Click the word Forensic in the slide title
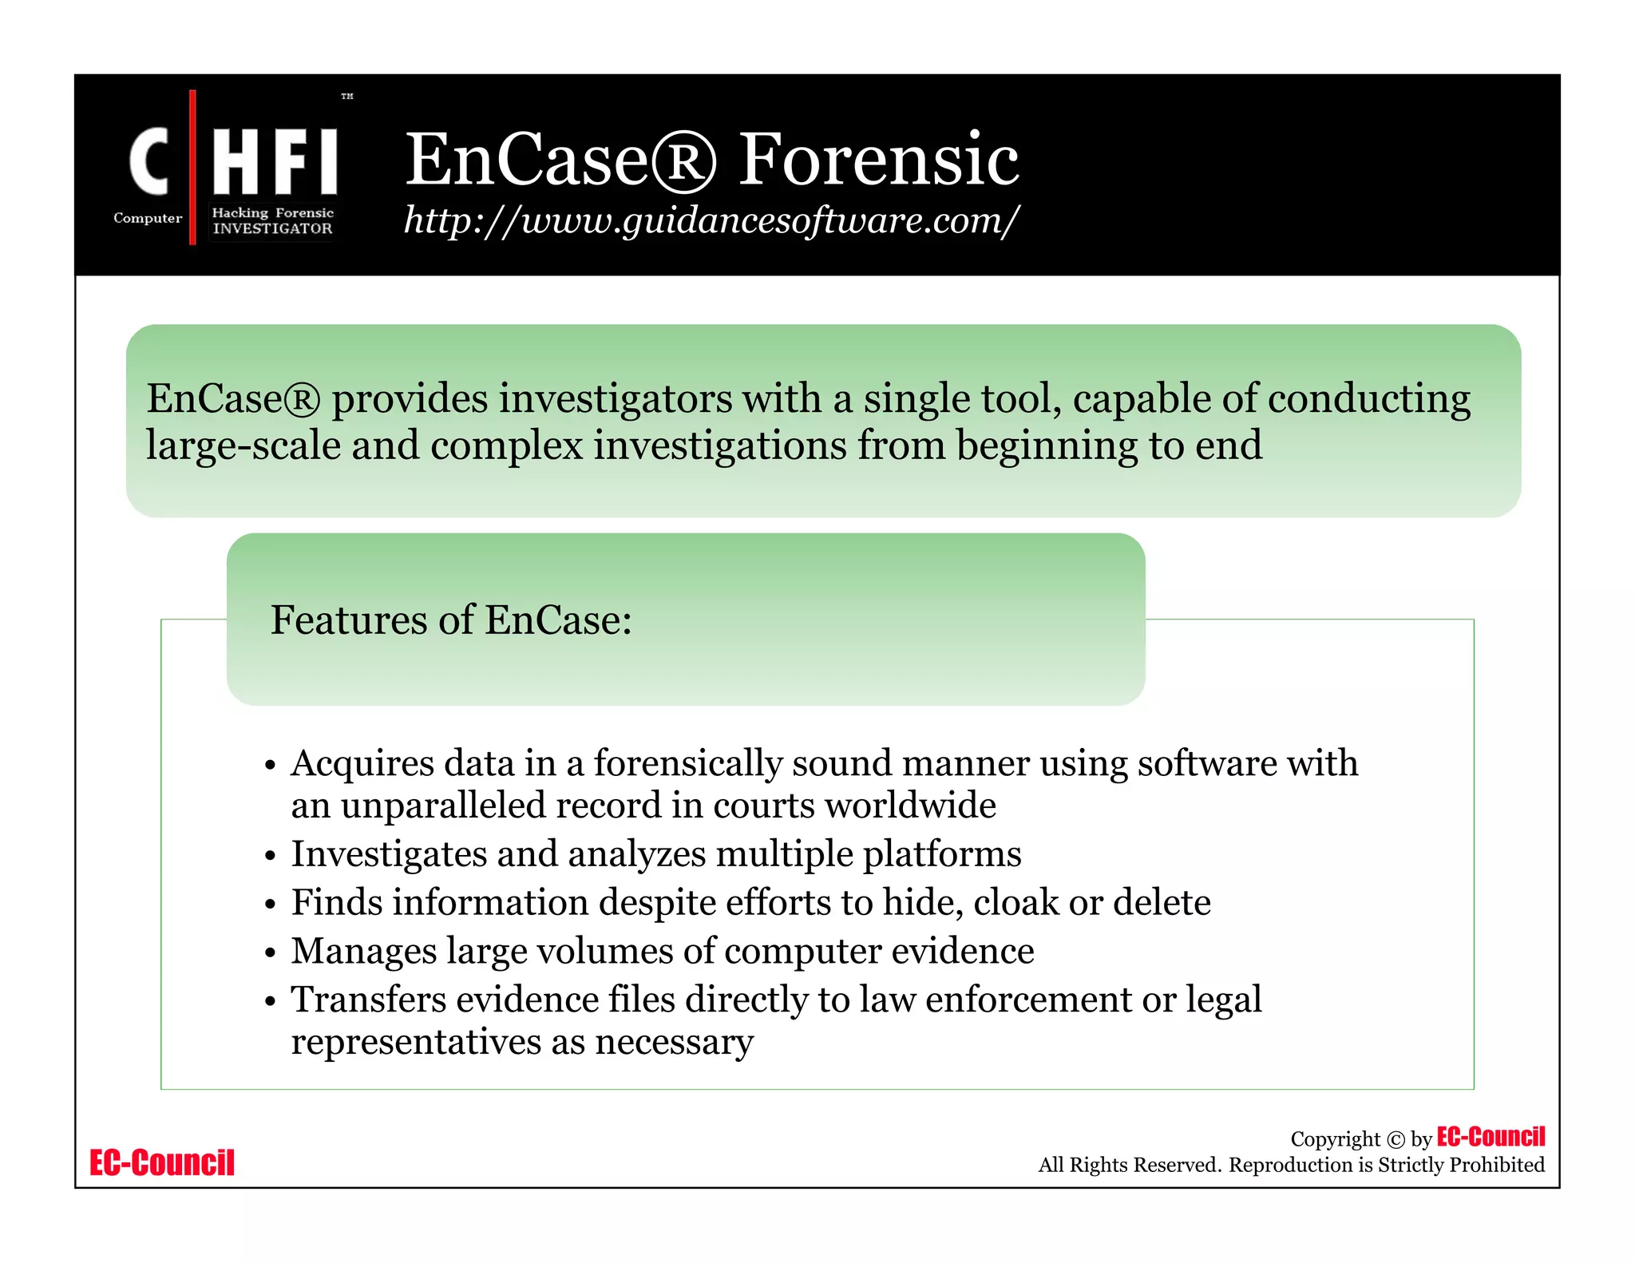tap(878, 160)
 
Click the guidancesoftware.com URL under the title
tap(711, 220)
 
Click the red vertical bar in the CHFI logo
tap(192, 167)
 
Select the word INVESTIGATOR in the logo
tap(272, 228)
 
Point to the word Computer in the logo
tap(148, 218)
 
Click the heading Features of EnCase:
tap(451, 620)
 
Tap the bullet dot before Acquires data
tap(271, 766)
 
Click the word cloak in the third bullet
tap(1015, 903)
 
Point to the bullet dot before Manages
tap(271, 953)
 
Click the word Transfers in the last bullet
tap(368, 1000)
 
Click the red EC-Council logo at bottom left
tap(162, 1162)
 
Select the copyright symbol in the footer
tap(1395, 1140)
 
